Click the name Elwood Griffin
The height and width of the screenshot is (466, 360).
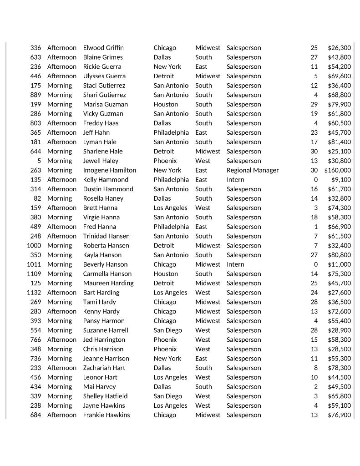(103, 48)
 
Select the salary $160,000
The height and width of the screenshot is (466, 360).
(337, 170)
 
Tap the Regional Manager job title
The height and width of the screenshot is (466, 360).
(253, 170)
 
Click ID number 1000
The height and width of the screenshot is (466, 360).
(34, 245)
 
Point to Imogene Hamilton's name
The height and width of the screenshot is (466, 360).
(109, 170)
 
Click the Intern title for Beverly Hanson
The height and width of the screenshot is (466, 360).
(235, 264)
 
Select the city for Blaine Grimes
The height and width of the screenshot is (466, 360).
(162, 57)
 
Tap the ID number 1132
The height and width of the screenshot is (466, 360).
(34, 293)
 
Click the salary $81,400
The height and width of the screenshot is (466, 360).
(339, 142)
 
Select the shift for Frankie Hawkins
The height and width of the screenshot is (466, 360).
(62, 415)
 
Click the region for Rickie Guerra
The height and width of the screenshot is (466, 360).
(201, 66)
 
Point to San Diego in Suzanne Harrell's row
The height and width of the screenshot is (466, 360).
(167, 330)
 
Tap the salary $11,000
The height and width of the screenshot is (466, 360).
(339, 264)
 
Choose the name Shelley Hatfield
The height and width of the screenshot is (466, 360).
(105, 396)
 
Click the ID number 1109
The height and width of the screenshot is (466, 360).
(34, 274)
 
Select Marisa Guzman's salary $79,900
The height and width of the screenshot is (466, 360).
(339, 104)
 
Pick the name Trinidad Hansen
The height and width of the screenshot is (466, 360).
(106, 236)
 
